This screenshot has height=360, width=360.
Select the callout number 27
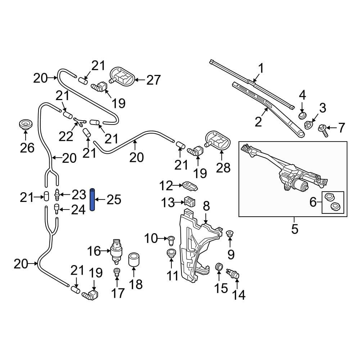point(153,80)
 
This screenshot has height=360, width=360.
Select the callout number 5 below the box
point(294,229)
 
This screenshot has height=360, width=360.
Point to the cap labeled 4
point(302,115)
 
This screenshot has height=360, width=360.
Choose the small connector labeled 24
point(57,208)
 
